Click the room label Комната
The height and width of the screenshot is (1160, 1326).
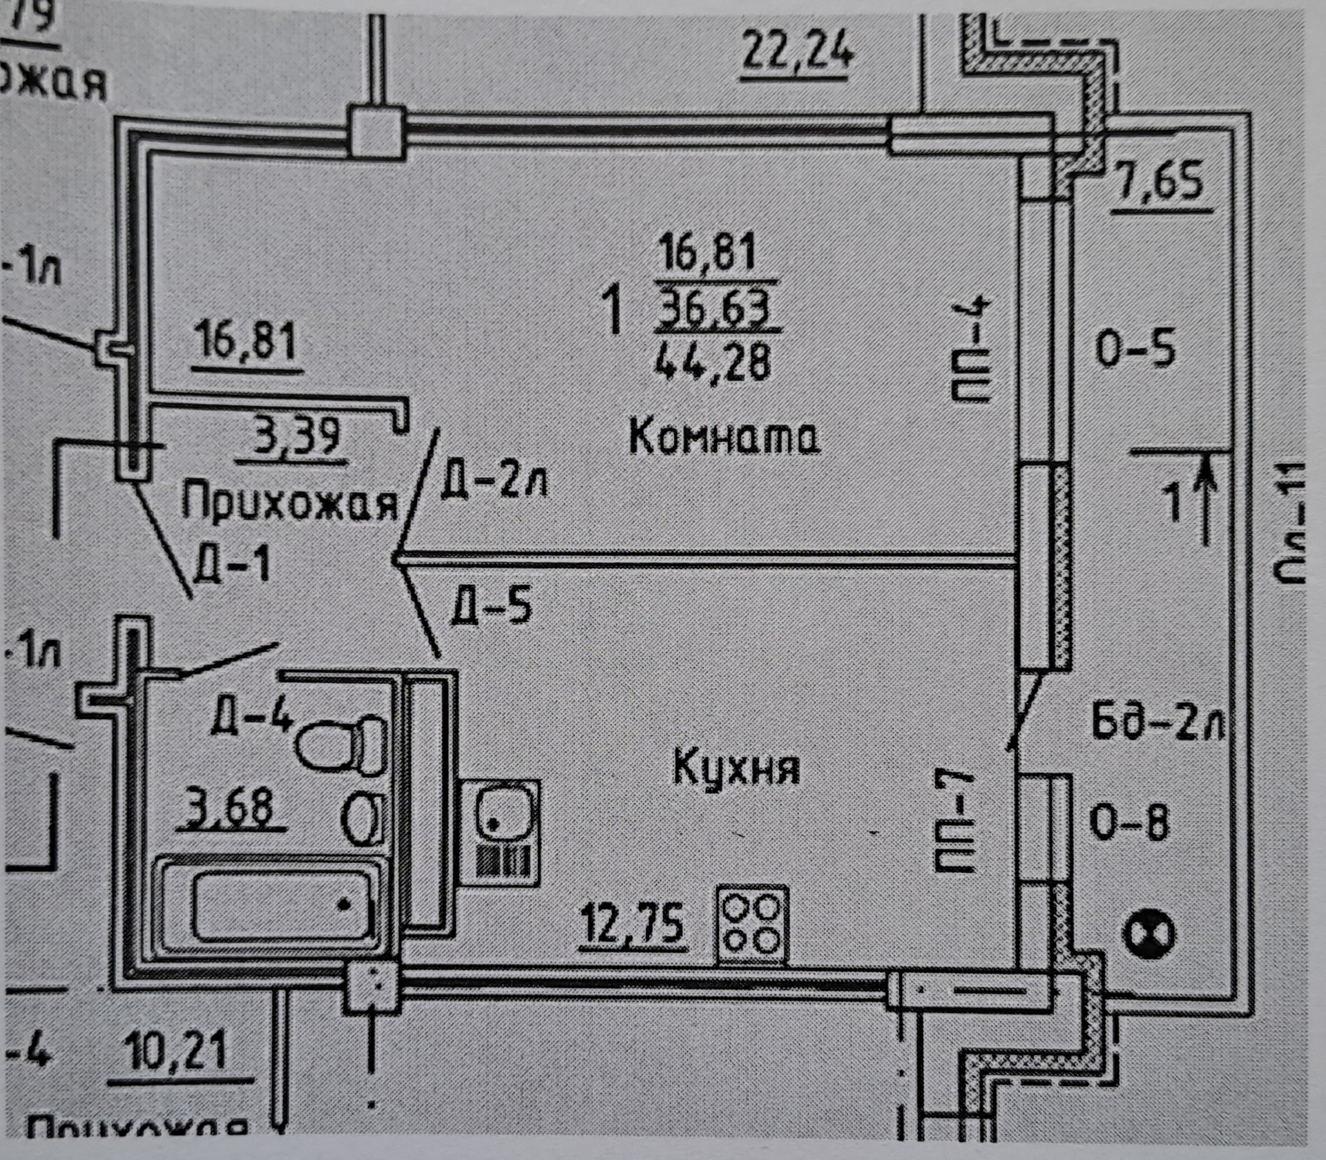coord(724,437)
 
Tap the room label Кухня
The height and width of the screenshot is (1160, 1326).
coord(736,767)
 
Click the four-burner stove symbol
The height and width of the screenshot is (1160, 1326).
coord(752,925)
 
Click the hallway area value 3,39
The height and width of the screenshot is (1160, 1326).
coord(297,436)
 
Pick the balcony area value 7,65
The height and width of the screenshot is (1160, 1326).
coord(1160,181)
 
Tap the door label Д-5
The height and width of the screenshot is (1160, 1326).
coord(492,604)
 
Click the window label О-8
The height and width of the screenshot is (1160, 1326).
coord(1130,823)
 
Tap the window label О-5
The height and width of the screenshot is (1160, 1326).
coord(1135,348)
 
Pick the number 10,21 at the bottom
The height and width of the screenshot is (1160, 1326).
coord(176,1052)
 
